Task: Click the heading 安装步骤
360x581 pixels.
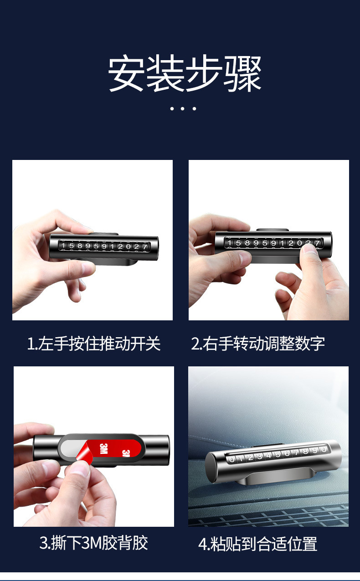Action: (x=185, y=74)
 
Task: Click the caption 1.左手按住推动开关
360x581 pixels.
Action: (x=94, y=344)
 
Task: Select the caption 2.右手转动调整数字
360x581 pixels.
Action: (x=258, y=344)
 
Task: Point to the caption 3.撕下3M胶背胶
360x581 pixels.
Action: (x=94, y=543)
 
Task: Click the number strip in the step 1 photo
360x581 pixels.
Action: (x=105, y=247)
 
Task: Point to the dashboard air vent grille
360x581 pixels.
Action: (x=269, y=517)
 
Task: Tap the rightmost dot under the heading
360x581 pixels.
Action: (x=195, y=108)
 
